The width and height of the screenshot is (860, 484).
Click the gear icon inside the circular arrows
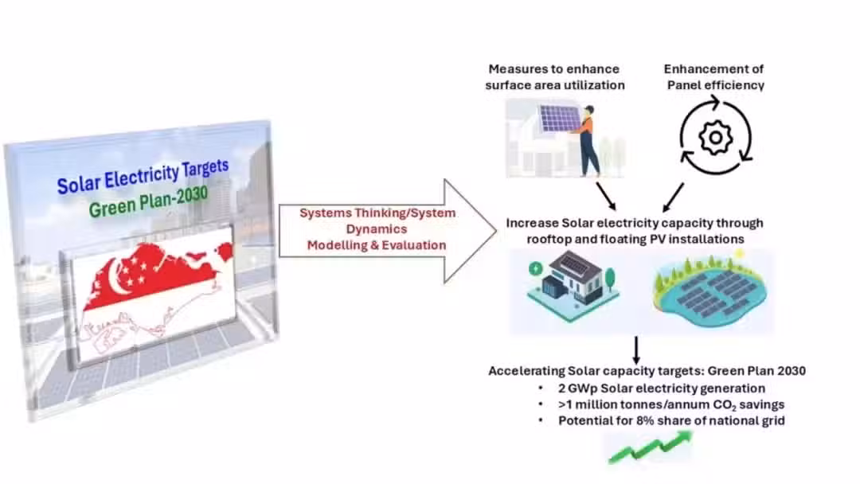click(x=715, y=137)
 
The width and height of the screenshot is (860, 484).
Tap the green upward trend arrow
click(x=651, y=447)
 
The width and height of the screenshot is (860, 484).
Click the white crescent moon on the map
click(x=117, y=277)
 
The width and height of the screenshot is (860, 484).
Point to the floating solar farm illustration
click(x=709, y=291)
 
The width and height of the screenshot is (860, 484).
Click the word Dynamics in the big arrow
click(x=376, y=229)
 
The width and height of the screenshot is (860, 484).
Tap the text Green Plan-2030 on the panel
click(x=148, y=201)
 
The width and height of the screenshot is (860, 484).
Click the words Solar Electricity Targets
click(x=143, y=177)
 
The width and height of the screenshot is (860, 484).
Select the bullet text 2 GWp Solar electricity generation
click(x=662, y=388)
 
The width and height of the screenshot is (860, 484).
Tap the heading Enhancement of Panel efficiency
click(x=714, y=76)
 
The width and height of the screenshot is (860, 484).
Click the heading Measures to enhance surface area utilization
click(x=554, y=76)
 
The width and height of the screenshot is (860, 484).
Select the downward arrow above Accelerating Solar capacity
click(x=636, y=350)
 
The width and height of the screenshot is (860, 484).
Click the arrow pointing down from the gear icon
click(x=673, y=197)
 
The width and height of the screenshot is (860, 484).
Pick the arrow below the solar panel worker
click(x=606, y=197)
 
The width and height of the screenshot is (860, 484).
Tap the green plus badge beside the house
click(x=535, y=269)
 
